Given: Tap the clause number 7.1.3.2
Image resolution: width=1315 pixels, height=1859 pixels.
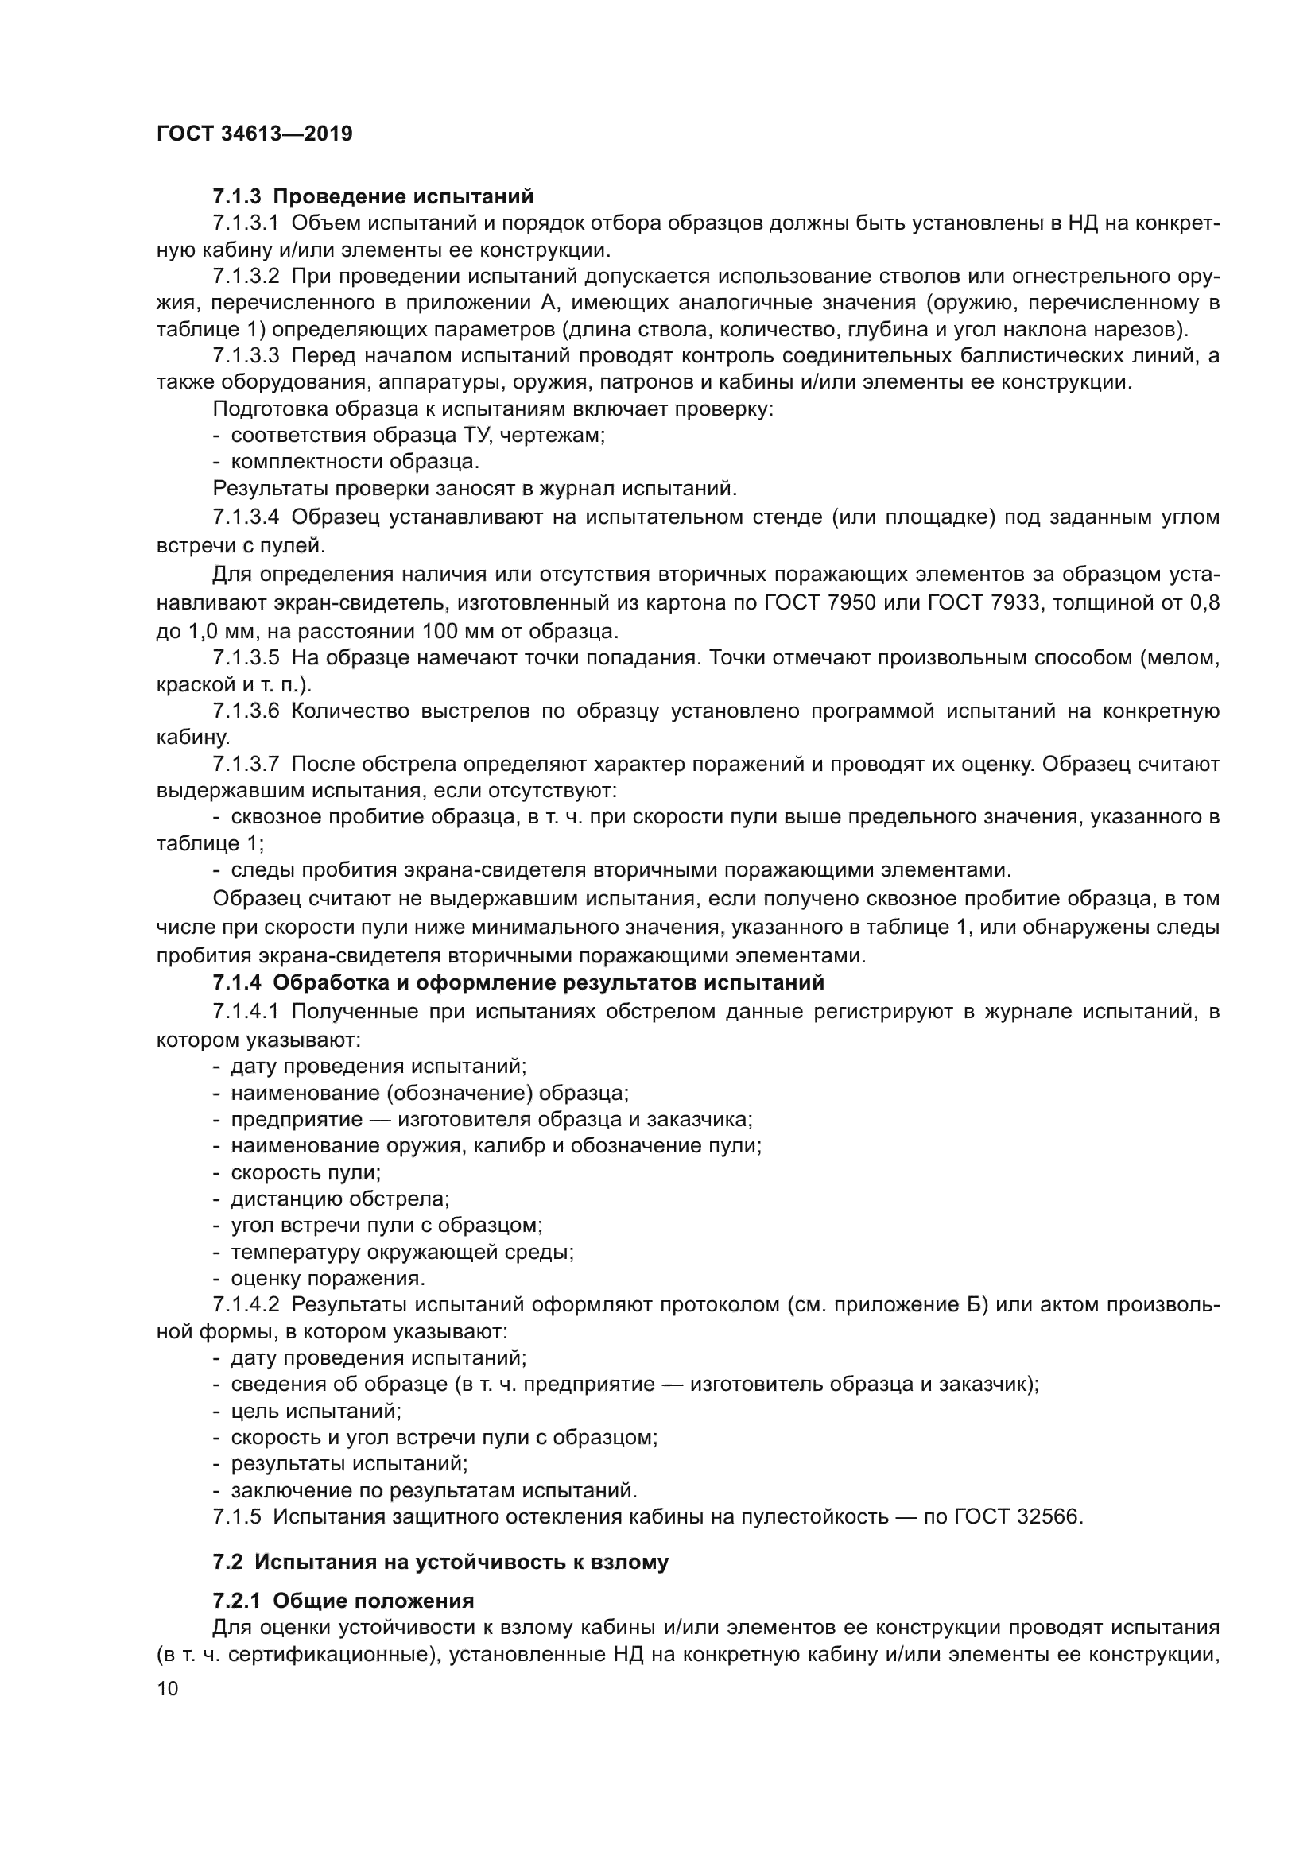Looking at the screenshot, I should (246, 276).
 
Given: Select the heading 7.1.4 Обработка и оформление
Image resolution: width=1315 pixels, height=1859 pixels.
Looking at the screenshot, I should (518, 983).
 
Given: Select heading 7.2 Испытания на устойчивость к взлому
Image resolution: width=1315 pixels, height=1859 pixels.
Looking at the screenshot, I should (440, 1562).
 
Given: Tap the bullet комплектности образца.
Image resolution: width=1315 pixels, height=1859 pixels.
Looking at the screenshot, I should (355, 462).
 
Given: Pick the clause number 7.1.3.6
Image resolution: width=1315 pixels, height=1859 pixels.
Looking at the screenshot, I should (246, 711).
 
